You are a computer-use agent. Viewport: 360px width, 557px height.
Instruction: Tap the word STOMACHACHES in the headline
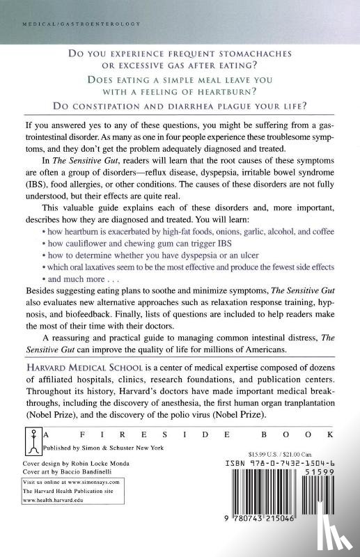tap(258, 54)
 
